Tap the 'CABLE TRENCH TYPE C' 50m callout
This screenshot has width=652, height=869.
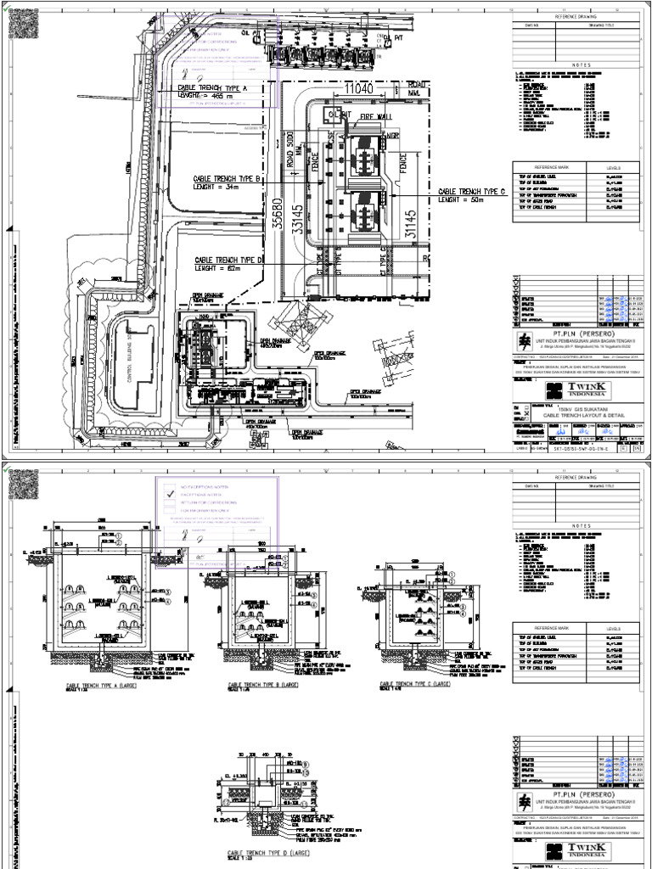tap(471, 196)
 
